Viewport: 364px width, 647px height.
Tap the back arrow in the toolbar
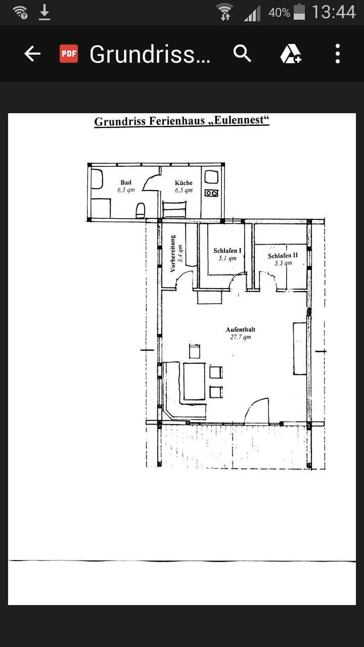(x=32, y=54)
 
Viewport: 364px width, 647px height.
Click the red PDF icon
(x=69, y=54)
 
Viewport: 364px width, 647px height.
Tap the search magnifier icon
(x=242, y=54)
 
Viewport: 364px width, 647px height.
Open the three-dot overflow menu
(x=337, y=54)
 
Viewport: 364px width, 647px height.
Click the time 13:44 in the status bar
(x=334, y=13)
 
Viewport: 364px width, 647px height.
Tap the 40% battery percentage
(x=279, y=13)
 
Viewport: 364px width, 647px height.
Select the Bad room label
(x=126, y=182)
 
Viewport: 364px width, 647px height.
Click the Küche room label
(x=184, y=183)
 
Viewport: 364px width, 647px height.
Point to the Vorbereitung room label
(x=173, y=254)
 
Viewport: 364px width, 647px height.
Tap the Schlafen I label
(x=227, y=250)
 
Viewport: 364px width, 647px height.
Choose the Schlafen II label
(x=283, y=256)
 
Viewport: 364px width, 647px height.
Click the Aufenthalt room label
(x=241, y=330)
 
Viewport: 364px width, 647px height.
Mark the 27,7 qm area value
(x=241, y=337)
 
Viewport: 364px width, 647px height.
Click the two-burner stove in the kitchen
(x=211, y=193)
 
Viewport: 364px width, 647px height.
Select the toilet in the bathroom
(x=141, y=211)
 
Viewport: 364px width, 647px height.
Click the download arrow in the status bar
(x=44, y=13)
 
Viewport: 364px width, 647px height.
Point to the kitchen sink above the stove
(x=211, y=176)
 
